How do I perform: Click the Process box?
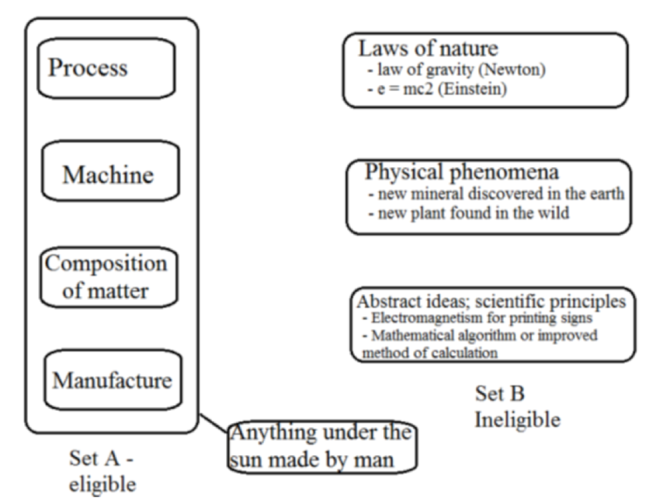click(87, 68)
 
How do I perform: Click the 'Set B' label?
click(499, 394)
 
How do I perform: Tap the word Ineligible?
click(518, 420)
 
